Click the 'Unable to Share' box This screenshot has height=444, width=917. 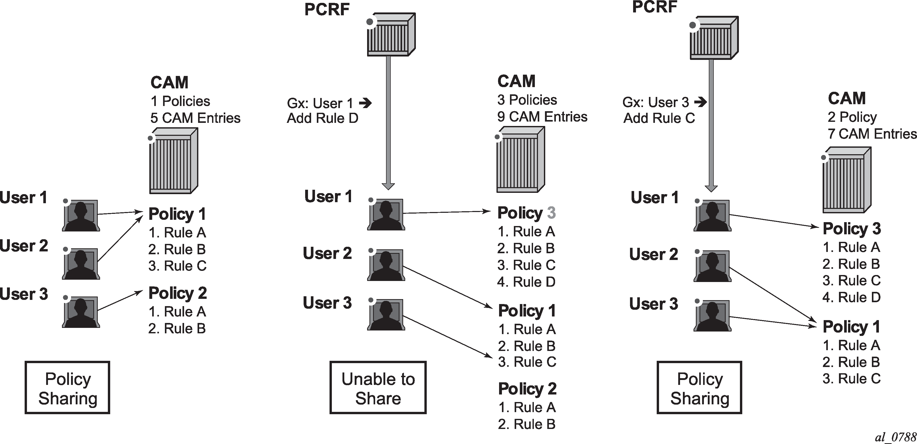pyautogui.click(x=378, y=388)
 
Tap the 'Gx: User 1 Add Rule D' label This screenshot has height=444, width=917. pyautogui.click(x=323, y=111)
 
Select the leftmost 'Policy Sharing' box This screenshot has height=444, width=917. pyautogui.click(x=67, y=388)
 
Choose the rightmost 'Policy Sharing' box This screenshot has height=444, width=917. pyautogui.click(x=699, y=388)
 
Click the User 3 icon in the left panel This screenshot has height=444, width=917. pyautogui.click(x=81, y=312)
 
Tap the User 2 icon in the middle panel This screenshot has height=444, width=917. pyautogui.click(x=386, y=265)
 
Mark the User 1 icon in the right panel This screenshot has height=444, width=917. pyautogui.click(x=712, y=216)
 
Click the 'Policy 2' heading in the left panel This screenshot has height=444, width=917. pyautogui.click(x=178, y=293)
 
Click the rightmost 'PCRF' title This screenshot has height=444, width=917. pyautogui.click(x=654, y=7)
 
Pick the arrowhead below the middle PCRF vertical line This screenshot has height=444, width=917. pyautogui.click(x=388, y=186)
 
